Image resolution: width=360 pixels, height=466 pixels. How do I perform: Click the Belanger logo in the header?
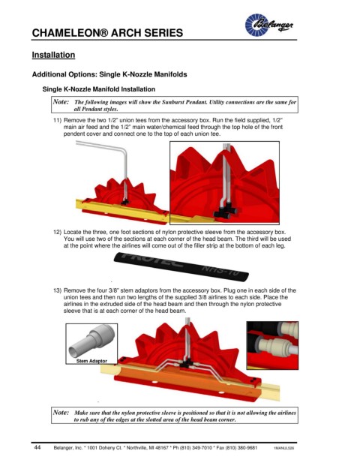pos(268,25)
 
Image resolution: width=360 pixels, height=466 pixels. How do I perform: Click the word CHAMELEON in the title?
pos(66,33)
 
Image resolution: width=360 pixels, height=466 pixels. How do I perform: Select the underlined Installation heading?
pos(53,55)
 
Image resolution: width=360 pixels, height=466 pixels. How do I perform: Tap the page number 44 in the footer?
pos(37,447)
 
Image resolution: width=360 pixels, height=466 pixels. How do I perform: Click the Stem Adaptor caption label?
pos(91,361)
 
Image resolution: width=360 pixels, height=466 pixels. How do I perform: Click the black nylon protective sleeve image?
pos(181,267)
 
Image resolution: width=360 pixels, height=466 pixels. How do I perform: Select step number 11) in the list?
pos(57,120)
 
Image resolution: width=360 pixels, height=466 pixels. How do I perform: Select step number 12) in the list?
pos(57,232)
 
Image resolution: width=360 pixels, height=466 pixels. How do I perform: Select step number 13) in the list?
pos(57,290)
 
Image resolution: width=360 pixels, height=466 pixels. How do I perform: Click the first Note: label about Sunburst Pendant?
pos(61,101)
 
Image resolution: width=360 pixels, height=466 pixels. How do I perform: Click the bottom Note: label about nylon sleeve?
pos(61,413)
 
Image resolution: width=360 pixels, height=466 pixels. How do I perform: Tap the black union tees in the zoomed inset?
pos(226,211)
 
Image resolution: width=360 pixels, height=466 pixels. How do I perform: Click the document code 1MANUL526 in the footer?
pos(284,448)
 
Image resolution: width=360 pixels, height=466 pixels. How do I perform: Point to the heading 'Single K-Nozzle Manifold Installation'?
pos(99,89)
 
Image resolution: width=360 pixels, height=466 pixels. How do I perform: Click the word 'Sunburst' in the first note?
pos(172,102)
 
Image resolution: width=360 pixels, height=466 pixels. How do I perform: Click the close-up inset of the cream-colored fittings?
pos(272,345)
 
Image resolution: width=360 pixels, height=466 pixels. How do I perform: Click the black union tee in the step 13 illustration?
pos(186,363)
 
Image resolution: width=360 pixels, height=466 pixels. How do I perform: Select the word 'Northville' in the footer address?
pos(139,448)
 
